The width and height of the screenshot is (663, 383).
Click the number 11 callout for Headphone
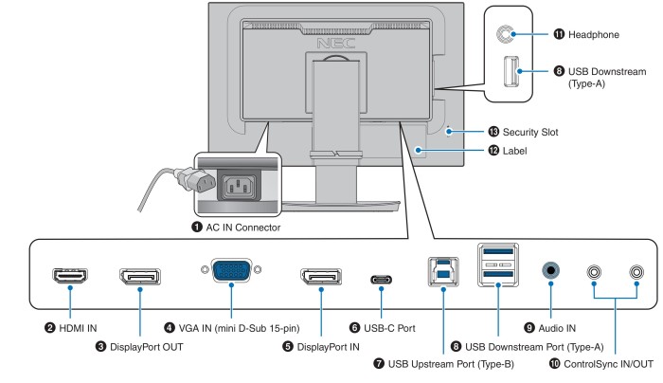point(559,34)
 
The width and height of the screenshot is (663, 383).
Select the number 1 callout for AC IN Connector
point(197,228)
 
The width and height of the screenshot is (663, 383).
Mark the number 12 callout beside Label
point(493,150)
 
